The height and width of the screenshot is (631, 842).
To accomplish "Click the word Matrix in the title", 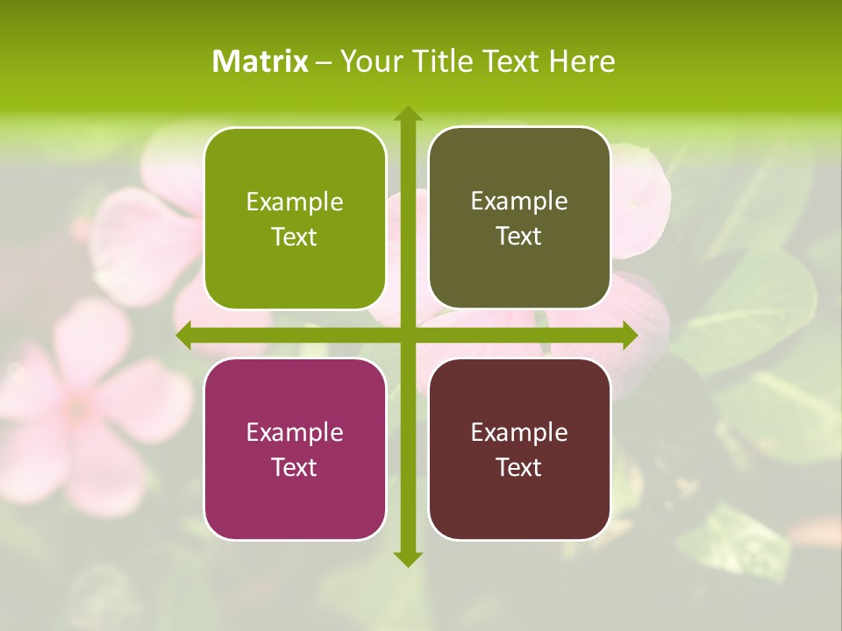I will point(260,61).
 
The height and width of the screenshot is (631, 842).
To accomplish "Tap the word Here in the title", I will point(582,61).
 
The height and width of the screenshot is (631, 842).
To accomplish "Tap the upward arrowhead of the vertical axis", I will point(407,114).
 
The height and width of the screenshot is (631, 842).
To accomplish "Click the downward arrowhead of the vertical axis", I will point(407,558).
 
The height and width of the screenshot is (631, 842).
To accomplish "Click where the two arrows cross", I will point(407,335).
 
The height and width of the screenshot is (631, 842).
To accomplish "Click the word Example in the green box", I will point(295,202).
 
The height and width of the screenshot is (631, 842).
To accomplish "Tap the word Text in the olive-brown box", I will point(519,237).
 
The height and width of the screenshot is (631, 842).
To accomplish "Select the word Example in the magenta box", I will point(295,433).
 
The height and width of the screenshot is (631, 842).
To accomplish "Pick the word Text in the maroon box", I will point(519,467).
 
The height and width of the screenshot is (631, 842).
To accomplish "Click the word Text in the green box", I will point(295,238).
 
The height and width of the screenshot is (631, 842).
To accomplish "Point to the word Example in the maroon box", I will point(519,433).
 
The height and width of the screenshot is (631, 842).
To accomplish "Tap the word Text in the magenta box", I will point(295,467).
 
